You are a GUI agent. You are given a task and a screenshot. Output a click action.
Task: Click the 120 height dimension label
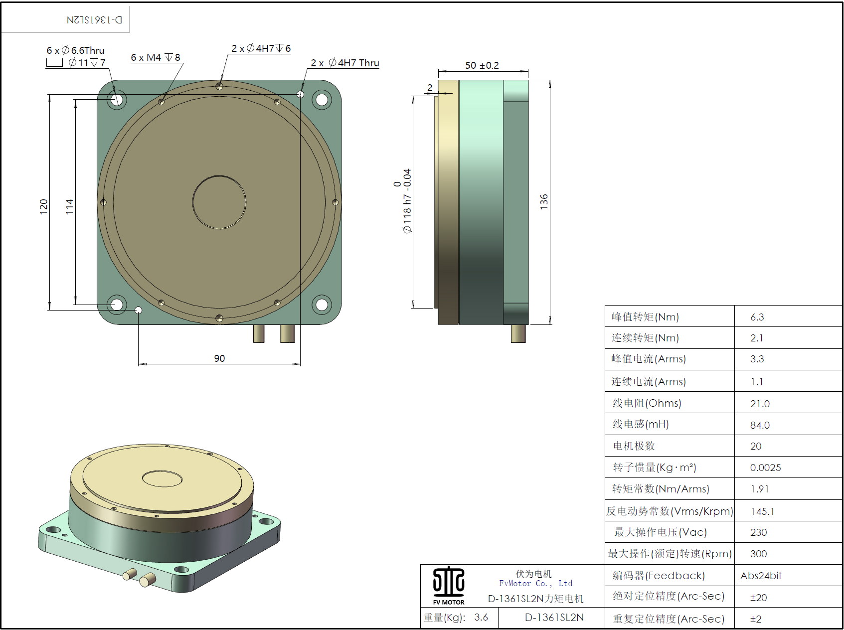(43, 206)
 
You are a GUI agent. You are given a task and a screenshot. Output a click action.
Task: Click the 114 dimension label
(69, 206)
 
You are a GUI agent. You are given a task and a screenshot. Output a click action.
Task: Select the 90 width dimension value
(219, 358)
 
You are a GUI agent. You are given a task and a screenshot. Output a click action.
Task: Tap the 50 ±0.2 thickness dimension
(482, 65)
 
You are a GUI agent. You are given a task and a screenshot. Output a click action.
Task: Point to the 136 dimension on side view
(544, 201)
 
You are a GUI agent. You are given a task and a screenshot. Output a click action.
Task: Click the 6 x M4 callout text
(156, 57)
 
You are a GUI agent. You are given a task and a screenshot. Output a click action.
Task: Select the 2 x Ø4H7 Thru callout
(344, 63)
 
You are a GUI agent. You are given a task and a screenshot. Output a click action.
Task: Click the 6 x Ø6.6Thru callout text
(76, 50)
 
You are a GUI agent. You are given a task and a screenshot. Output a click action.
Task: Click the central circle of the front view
(219, 202)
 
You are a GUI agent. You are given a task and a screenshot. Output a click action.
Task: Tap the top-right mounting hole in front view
(322, 100)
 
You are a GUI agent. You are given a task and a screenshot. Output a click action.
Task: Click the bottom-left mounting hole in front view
(117, 304)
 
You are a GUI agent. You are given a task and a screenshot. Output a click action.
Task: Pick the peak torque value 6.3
(757, 317)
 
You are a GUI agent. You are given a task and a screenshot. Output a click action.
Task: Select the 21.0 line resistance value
(760, 404)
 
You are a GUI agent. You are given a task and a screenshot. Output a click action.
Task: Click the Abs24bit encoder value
(761, 576)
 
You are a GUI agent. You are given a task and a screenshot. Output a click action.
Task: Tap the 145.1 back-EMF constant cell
(762, 511)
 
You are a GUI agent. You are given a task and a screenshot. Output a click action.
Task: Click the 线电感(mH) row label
(641, 424)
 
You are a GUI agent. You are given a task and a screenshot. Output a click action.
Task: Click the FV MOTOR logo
(449, 586)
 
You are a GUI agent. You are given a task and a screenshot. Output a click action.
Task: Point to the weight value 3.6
(481, 618)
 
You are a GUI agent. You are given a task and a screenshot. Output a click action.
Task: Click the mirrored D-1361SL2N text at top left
(94, 20)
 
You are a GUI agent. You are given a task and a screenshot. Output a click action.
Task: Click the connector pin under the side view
(518, 334)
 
